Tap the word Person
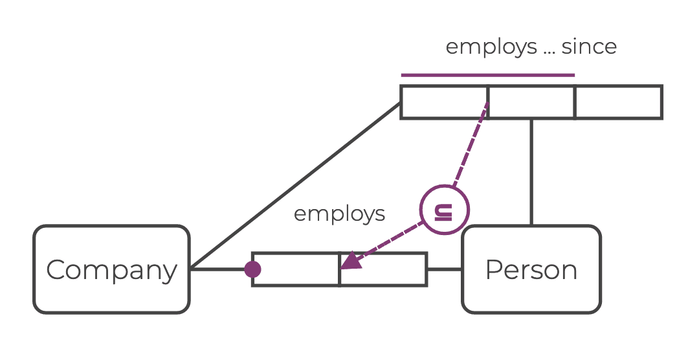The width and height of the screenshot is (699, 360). coord(531,270)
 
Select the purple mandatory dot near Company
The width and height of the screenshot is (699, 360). coord(252,269)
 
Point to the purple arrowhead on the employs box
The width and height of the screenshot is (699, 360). coord(349,260)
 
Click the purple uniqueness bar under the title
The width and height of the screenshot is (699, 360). coord(487,75)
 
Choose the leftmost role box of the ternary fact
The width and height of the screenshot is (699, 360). coord(444,102)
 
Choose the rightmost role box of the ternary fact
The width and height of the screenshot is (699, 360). coord(618,102)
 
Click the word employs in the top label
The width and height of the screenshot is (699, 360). coord(491,47)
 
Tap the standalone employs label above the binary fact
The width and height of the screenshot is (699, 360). coord(339,214)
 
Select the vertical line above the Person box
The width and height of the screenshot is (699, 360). coord(531,172)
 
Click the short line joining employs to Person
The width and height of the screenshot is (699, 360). coord(445,269)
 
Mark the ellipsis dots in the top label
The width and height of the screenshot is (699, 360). coord(549,51)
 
